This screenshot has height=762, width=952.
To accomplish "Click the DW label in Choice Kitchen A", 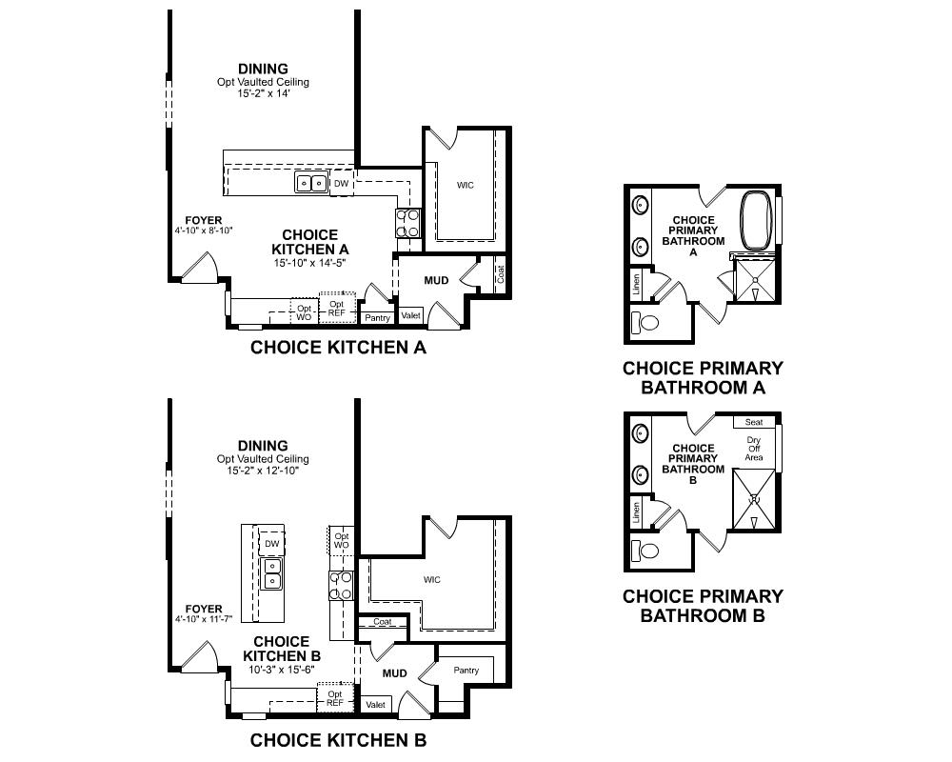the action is [x=341, y=184].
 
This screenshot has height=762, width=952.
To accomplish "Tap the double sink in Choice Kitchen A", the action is [x=311, y=182].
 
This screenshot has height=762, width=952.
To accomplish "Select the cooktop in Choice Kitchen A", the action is [x=407, y=223].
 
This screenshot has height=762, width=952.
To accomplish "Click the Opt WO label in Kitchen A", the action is [x=305, y=313].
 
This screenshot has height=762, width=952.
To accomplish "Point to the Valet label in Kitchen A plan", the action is [x=411, y=315].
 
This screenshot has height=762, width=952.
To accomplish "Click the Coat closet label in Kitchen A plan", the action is [x=501, y=274].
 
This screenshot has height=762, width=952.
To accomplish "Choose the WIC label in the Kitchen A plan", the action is [x=466, y=186].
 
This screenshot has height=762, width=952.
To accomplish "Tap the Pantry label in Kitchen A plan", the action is [x=378, y=318].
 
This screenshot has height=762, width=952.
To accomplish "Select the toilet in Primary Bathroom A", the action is [x=645, y=322].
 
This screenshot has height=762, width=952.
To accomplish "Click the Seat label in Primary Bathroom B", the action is [x=754, y=422].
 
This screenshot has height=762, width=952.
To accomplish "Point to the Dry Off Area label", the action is [x=753, y=449].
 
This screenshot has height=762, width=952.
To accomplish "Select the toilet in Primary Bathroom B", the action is [x=645, y=551].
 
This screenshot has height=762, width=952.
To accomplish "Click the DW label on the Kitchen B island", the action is [x=272, y=544].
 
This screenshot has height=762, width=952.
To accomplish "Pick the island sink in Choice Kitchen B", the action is [x=272, y=573].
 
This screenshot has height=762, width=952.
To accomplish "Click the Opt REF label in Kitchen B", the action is [x=335, y=698].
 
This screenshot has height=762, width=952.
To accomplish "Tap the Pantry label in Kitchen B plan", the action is [x=466, y=671].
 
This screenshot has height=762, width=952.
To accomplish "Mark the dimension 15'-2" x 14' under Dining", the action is [x=264, y=93].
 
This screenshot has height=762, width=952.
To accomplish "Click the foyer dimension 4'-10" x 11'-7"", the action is [x=204, y=619].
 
